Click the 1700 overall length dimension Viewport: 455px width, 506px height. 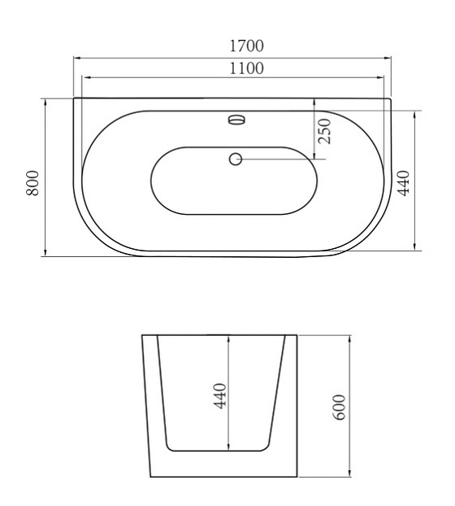click(x=246, y=46)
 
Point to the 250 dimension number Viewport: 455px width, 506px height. click(x=324, y=130)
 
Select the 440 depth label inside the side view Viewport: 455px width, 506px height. click(x=220, y=395)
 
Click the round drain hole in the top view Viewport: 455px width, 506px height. click(x=236, y=159)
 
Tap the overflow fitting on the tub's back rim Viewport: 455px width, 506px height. click(x=236, y=120)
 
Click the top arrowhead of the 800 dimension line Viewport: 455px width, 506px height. click(x=45, y=101)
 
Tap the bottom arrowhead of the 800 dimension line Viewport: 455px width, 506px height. click(x=45, y=255)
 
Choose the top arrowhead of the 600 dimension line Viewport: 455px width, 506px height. click(x=350, y=336)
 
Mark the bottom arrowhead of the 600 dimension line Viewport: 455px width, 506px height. click(x=350, y=474)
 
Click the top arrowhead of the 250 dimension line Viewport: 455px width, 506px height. click(x=313, y=101)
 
